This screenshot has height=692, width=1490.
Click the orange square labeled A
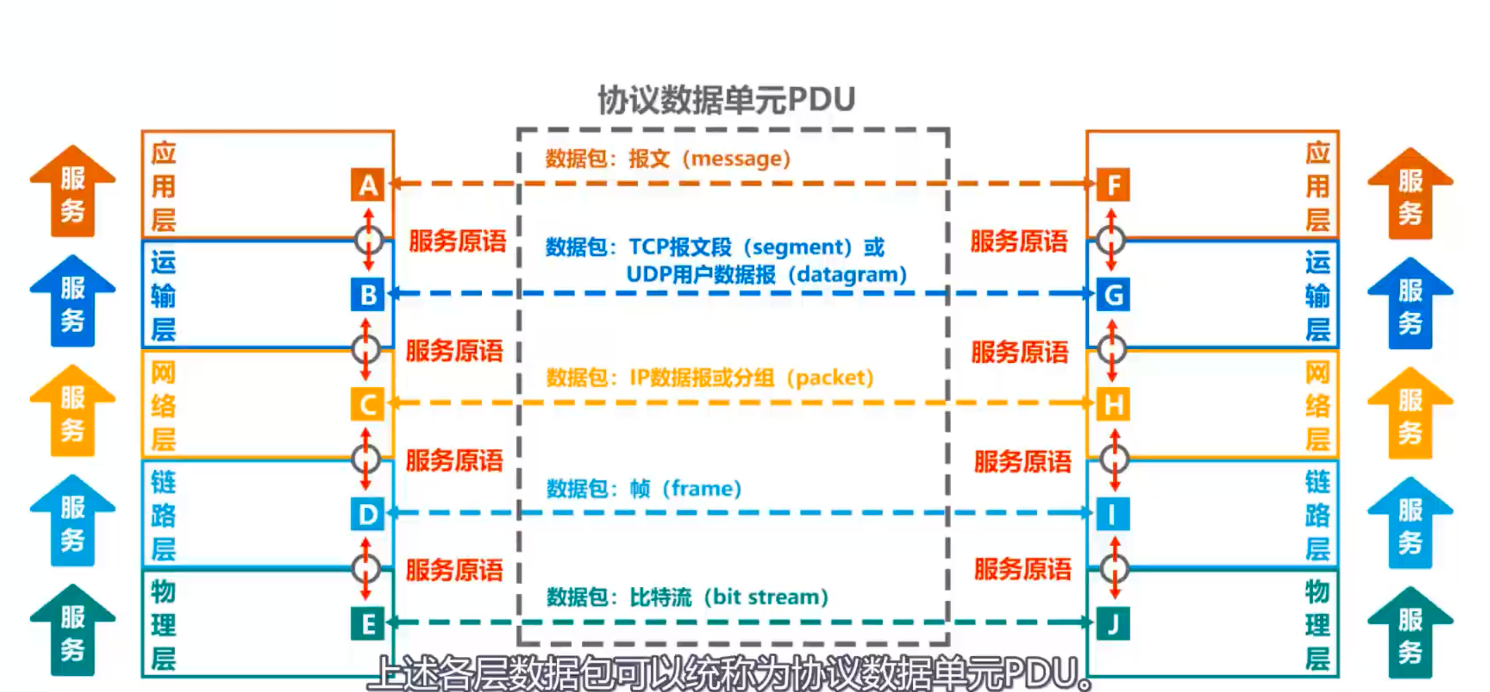367,185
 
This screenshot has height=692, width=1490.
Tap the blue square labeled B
367,295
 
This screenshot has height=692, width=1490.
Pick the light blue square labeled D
367,514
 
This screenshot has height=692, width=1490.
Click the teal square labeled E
367,624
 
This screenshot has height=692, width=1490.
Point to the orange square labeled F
1113,185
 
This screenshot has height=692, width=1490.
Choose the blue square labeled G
1113,295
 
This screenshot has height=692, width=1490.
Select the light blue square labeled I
1113,514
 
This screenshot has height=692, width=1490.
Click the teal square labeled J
1113,624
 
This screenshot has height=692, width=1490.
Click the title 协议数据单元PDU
727,99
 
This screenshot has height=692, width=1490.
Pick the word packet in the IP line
829,378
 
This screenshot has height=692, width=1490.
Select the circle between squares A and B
368,239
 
